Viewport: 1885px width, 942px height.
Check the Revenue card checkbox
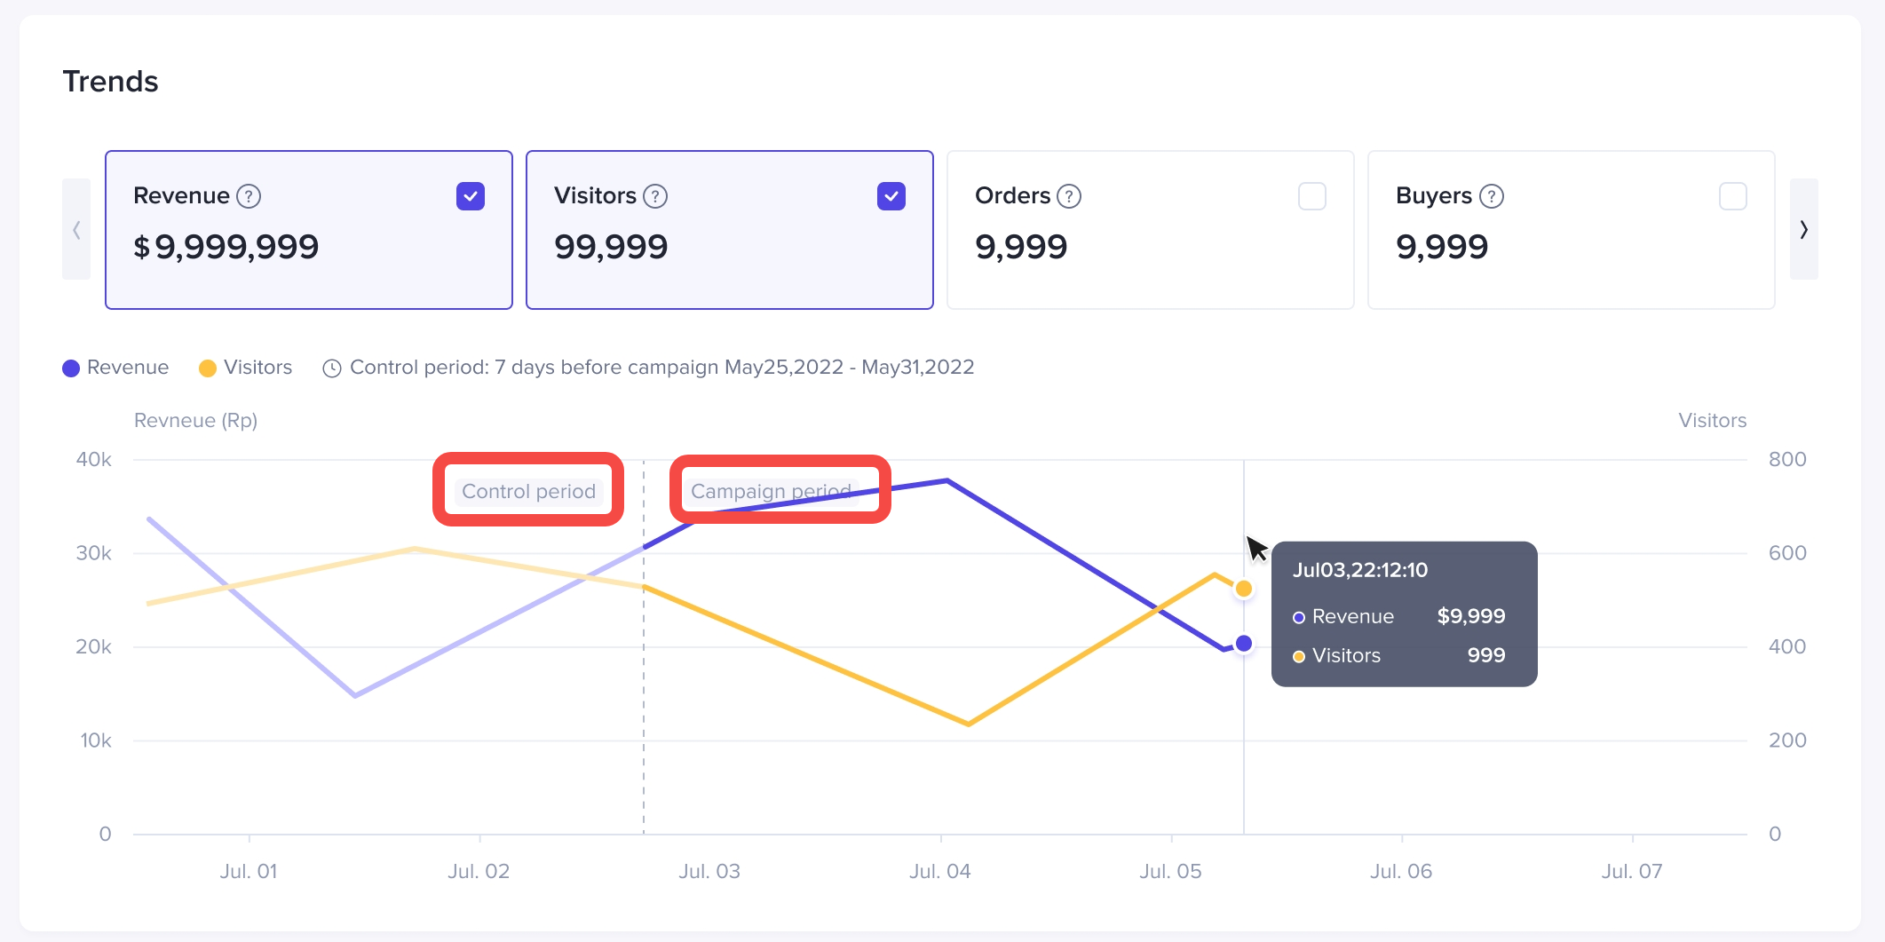(x=470, y=196)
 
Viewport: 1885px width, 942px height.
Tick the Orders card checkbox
(x=1311, y=196)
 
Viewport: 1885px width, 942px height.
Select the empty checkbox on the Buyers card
(x=1732, y=196)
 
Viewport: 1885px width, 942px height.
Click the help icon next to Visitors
(x=655, y=196)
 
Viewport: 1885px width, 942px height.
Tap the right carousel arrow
(x=1803, y=230)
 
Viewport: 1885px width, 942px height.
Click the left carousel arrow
(x=76, y=230)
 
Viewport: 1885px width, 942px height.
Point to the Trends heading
(x=110, y=82)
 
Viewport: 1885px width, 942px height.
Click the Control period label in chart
(x=528, y=491)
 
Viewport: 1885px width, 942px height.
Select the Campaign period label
(x=771, y=491)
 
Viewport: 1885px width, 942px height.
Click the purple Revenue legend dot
(x=71, y=368)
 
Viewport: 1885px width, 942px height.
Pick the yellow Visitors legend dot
(x=208, y=368)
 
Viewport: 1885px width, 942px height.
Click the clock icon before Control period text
(x=332, y=368)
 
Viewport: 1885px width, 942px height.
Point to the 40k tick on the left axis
(x=94, y=460)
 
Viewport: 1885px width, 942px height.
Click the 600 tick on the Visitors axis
(x=1786, y=553)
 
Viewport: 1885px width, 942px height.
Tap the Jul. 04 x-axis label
(x=939, y=872)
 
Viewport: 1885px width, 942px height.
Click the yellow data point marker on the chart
(x=1244, y=589)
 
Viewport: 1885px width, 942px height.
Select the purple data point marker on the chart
(x=1244, y=644)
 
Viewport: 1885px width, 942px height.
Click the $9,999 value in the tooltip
(x=1470, y=616)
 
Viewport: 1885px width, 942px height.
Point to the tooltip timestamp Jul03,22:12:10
(x=1359, y=570)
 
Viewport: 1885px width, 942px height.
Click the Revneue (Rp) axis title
(x=195, y=421)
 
